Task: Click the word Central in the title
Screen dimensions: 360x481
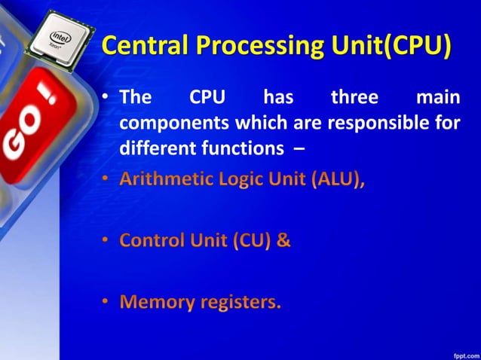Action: tap(145, 46)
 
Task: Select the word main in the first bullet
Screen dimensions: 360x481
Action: tap(438, 98)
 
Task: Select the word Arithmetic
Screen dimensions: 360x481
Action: tap(162, 182)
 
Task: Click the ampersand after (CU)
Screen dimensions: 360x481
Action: tap(283, 242)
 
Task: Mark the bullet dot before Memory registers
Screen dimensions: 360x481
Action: tap(106, 303)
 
